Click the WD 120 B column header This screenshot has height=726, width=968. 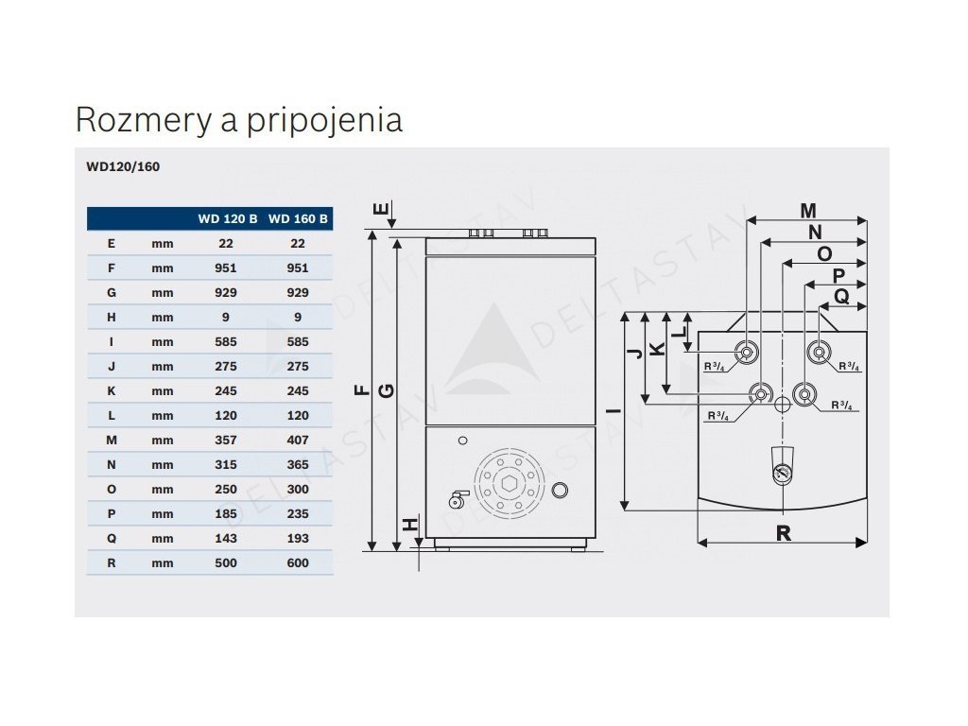click(227, 219)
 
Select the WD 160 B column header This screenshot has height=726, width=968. click(298, 219)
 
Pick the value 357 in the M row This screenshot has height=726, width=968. click(226, 440)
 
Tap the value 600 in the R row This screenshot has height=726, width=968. click(298, 562)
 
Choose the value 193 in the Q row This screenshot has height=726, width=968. click(298, 538)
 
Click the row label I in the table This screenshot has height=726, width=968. click(112, 341)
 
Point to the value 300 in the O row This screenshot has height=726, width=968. click(298, 489)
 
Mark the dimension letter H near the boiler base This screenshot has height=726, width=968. click(409, 526)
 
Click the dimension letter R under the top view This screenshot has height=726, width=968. click(783, 533)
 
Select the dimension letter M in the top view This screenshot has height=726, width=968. click(807, 210)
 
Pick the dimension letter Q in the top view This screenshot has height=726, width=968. click(840, 297)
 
